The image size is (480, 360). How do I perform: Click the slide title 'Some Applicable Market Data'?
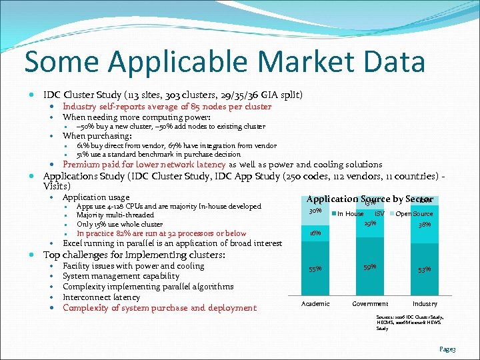(x=225, y=62)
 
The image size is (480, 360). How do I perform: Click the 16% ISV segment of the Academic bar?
(x=315, y=233)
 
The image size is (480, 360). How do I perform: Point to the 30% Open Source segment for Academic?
(x=315, y=212)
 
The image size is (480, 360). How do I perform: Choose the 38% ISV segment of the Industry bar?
(x=425, y=225)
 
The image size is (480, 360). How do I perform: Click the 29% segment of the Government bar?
(x=370, y=223)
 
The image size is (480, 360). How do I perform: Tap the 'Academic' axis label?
(x=315, y=303)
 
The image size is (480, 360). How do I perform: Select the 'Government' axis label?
(x=370, y=303)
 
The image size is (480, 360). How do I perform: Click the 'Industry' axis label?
(x=425, y=303)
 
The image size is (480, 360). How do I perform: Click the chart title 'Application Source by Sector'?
(x=370, y=199)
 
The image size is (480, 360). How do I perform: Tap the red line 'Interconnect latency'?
(x=101, y=297)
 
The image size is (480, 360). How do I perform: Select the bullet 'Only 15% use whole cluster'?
(x=119, y=224)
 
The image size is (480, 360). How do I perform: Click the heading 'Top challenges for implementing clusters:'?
(x=133, y=255)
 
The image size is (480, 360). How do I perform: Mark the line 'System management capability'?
(x=121, y=276)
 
